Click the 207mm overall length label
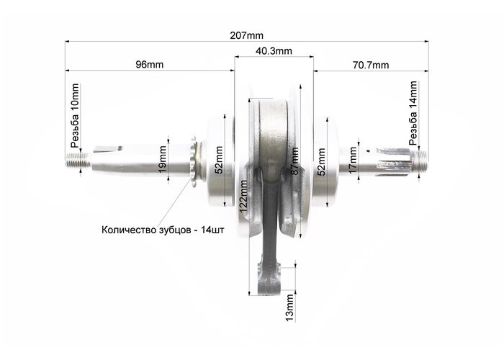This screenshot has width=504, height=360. (x=246, y=35)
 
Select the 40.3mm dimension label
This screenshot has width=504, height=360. (x=274, y=51)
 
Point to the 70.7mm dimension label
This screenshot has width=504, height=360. (x=371, y=66)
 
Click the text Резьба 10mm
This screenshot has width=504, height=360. (x=75, y=116)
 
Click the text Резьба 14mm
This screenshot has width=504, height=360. (x=413, y=113)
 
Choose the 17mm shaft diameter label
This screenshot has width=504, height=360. (x=353, y=161)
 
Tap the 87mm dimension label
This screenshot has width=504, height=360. (x=294, y=161)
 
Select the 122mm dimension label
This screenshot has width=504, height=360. (x=243, y=197)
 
